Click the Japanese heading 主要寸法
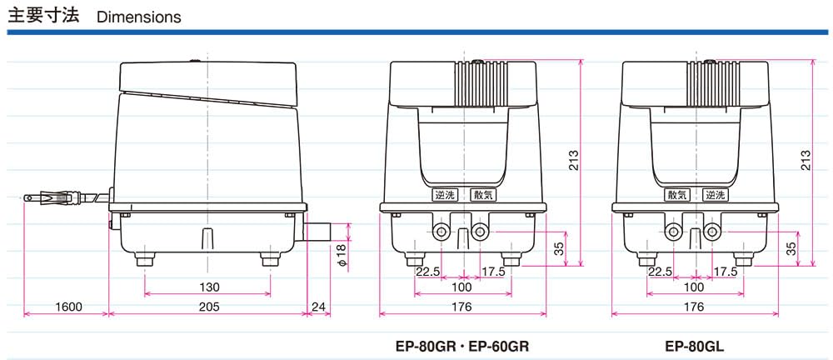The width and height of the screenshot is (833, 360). [x=43, y=16]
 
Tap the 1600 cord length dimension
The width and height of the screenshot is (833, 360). [x=68, y=307]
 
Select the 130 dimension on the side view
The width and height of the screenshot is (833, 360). [x=208, y=286]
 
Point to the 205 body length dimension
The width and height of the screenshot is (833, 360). [x=208, y=307]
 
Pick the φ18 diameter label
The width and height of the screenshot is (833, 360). [x=341, y=254]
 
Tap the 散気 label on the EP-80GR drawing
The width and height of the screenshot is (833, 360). [x=483, y=195]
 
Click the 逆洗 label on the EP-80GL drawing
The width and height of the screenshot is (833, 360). [x=716, y=195]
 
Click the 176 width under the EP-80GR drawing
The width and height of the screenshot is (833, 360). [x=462, y=307]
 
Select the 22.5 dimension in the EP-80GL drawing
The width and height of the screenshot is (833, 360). [x=660, y=271]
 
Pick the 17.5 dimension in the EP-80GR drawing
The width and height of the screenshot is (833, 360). [x=492, y=271]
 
